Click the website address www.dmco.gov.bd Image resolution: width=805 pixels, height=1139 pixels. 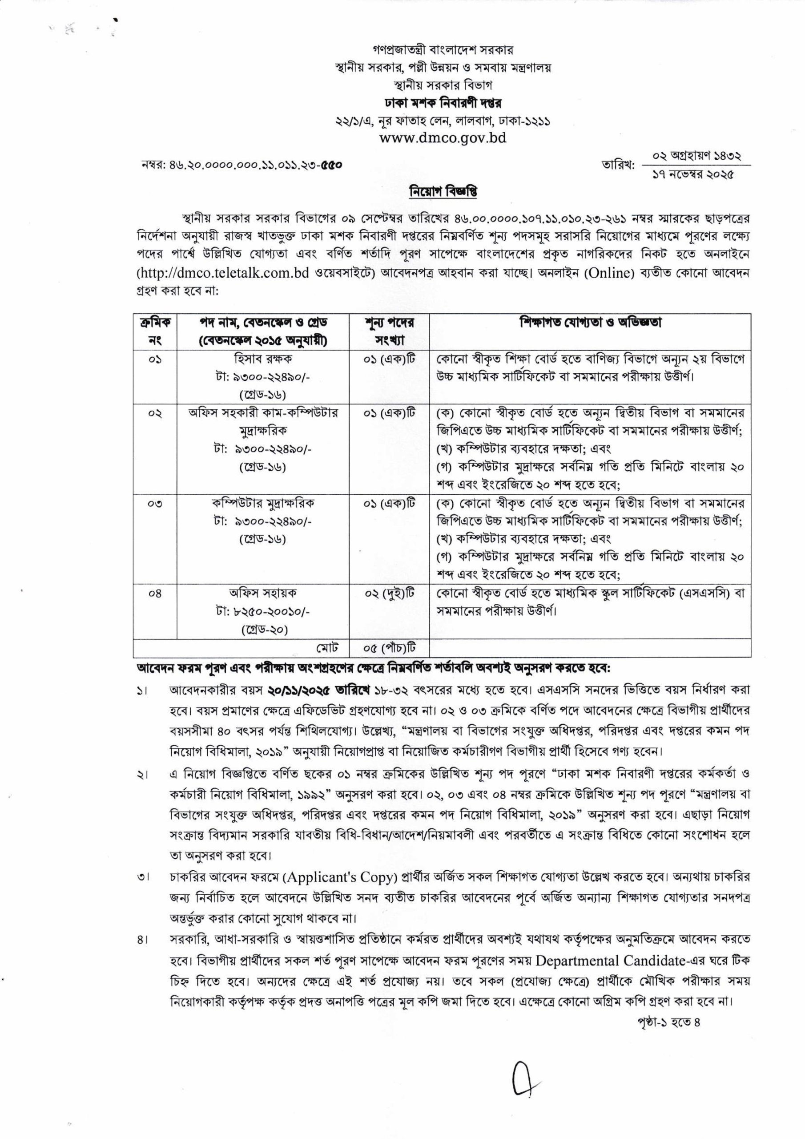(443, 137)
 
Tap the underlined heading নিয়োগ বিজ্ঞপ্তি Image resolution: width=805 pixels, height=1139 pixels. (443, 192)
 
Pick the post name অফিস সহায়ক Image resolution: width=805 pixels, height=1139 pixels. (262, 594)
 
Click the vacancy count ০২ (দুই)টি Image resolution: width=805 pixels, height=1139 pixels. (389, 594)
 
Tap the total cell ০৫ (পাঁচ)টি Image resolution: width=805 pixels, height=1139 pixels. (389, 648)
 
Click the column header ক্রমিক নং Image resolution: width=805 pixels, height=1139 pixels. (155, 332)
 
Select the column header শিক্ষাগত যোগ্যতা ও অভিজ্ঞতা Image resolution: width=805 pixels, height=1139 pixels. (590, 323)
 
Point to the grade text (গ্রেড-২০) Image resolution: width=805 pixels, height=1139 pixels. (262, 630)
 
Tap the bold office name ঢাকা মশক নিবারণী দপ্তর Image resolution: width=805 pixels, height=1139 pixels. (443, 104)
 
